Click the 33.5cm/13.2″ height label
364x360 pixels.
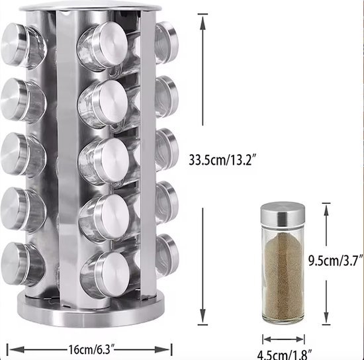(223, 159)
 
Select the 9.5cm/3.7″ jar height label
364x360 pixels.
(336, 261)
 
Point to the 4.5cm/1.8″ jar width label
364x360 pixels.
(285, 355)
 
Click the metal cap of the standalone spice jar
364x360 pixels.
(283, 214)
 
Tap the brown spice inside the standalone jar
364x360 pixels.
(283, 277)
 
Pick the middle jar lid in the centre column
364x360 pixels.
(112, 160)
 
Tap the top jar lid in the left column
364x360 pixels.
(15, 44)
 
